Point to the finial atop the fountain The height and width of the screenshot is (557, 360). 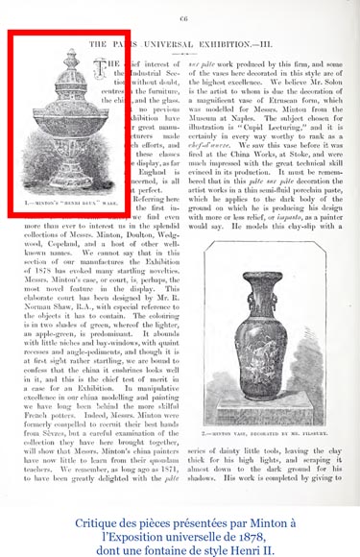click(59, 50)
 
